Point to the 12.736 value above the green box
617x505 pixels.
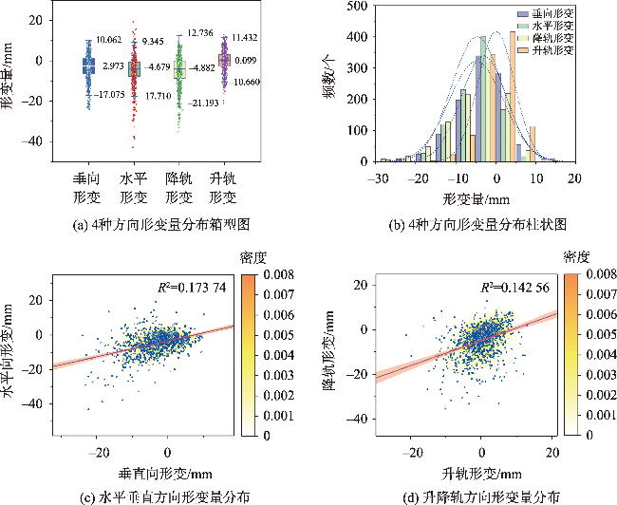click(201, 33)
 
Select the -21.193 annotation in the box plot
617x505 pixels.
click(204, 102)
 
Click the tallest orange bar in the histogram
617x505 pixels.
click(513, 95)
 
